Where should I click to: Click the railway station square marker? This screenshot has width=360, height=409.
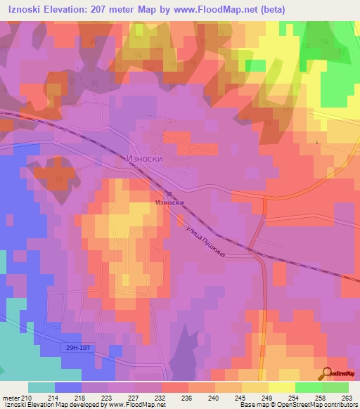point(169,195)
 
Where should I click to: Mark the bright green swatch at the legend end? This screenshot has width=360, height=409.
point(335,388)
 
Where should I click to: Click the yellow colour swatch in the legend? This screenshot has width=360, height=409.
point(255,388)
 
